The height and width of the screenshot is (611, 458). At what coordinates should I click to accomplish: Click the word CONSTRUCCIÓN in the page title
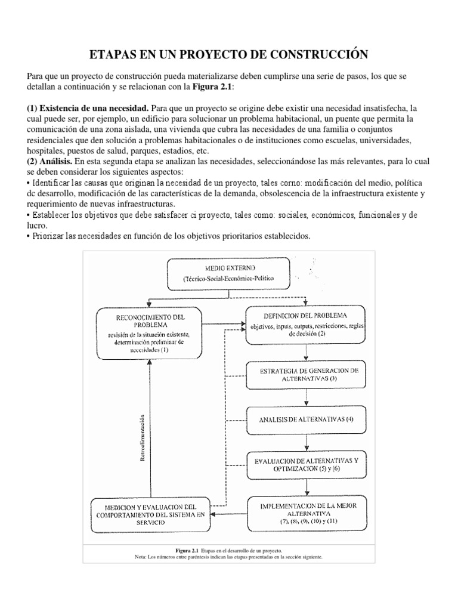[x=319, y=55]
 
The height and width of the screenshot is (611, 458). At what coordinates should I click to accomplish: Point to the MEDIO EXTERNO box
[x=229, y=271]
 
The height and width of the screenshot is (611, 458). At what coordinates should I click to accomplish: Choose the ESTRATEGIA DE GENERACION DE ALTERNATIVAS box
[x=308, y=375]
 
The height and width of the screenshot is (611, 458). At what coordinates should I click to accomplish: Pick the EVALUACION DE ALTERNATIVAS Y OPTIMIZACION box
[x=307, y=465]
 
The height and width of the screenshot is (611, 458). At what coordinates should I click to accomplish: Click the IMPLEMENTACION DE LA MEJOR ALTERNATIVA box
[x=307, y=513]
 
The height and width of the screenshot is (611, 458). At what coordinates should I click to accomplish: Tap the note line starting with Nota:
[x=229, y=556]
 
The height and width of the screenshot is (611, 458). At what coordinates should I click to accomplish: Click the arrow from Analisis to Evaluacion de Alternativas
[x=307, y=441]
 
